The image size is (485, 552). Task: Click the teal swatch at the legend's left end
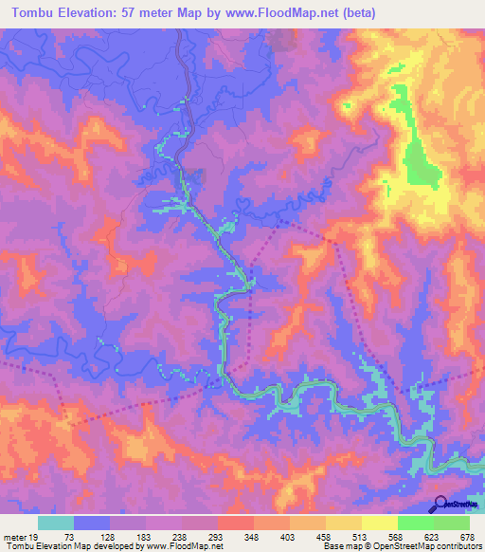[x=56, y=523]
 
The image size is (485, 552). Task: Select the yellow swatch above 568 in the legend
[x=379, y=523]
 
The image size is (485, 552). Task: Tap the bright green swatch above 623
[x=415, y=523]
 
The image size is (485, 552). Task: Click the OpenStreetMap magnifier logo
[x=438, y=504]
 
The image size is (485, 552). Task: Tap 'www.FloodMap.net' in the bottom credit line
[x=187, y=546]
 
